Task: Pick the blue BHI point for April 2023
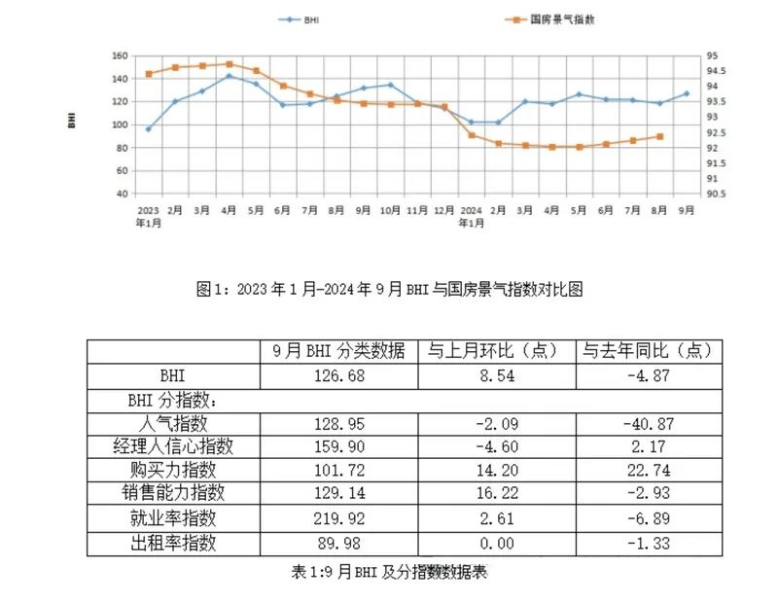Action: (229, 76)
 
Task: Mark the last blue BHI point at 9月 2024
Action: (686, 94)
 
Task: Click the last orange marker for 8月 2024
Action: (659, 136)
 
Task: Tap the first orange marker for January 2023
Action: (149, 74)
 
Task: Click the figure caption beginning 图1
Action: (389, 289)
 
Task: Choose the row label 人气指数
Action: (174, 424)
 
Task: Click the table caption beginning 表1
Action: (389, 572)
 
